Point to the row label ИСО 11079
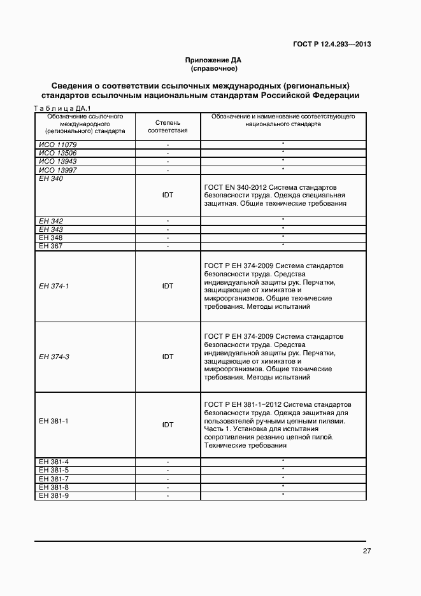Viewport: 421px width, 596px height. (x=57, y=145)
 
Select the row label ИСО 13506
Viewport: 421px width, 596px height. (x=57, y=153)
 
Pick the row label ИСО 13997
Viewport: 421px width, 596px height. (x=57, y=170)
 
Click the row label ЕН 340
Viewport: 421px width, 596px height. (x=51, y=179)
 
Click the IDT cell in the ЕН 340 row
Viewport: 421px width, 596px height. (x=168, y=195)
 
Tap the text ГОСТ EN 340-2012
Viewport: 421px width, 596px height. (x=231, y=188)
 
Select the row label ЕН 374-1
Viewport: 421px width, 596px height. (x=54, y=286)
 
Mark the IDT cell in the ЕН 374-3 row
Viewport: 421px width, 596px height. (x=168, y=357)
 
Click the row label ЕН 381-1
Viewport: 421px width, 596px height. (x=54, y=421)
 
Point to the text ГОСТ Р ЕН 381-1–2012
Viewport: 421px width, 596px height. (x=241, y=404)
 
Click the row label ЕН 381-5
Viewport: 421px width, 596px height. (x=54, y=470)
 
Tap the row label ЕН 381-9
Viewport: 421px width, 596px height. (x=54, y=495)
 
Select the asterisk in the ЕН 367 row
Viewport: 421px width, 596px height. (x=283, y=245)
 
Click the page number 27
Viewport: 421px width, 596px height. (x=367, y=551)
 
